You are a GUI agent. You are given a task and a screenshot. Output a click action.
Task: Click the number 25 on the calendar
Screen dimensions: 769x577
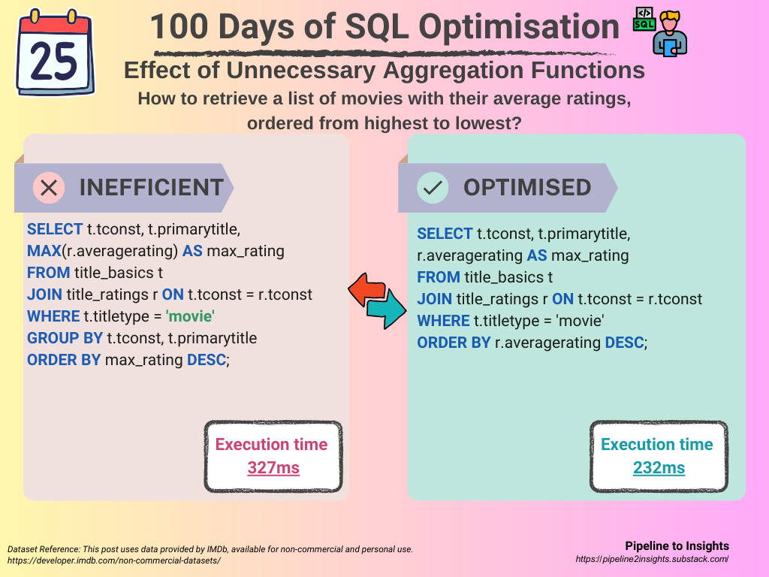tap(53, 62)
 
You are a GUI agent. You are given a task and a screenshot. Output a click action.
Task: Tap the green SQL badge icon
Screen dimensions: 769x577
tap(644, 19)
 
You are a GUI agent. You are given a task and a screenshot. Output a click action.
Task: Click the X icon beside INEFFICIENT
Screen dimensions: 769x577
tap(49, 187)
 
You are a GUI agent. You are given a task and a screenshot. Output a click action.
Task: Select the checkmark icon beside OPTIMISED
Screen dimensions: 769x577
tap(433, 187)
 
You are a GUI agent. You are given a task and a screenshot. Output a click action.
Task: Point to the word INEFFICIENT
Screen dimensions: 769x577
tap(152, 187)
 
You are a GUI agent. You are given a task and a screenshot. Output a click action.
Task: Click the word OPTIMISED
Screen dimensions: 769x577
tap(527, 187)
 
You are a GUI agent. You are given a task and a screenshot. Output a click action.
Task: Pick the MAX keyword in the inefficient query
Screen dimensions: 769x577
tap(44, 251)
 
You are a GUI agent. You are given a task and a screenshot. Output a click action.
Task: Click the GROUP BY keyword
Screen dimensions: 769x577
tap(65, 338)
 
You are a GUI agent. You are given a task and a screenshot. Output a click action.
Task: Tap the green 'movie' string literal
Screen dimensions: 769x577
tap(190, 316)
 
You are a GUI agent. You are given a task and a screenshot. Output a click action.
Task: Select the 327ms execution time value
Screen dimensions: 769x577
tap(273, 467)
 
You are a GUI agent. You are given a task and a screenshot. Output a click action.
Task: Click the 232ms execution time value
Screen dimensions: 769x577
tap(659, 467)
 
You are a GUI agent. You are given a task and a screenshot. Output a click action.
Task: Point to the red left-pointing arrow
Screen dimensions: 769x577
tap(366, 289)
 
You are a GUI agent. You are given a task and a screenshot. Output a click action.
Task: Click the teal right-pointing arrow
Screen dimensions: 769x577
tap(387, 309)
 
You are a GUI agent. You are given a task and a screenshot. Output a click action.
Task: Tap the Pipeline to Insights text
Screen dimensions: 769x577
tap(677, 545)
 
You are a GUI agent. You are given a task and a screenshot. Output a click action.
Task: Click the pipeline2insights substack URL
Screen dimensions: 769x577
tap(652, 559)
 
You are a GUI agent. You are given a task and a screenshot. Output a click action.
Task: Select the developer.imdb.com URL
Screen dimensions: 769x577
tap(114, 560)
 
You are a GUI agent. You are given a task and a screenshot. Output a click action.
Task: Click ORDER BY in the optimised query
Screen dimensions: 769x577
tap(454, 343)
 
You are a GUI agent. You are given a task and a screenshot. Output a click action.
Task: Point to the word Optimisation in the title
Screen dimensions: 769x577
tap(519, 26)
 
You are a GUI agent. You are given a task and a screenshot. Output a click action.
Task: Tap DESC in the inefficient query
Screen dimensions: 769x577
tap(207, 360)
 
